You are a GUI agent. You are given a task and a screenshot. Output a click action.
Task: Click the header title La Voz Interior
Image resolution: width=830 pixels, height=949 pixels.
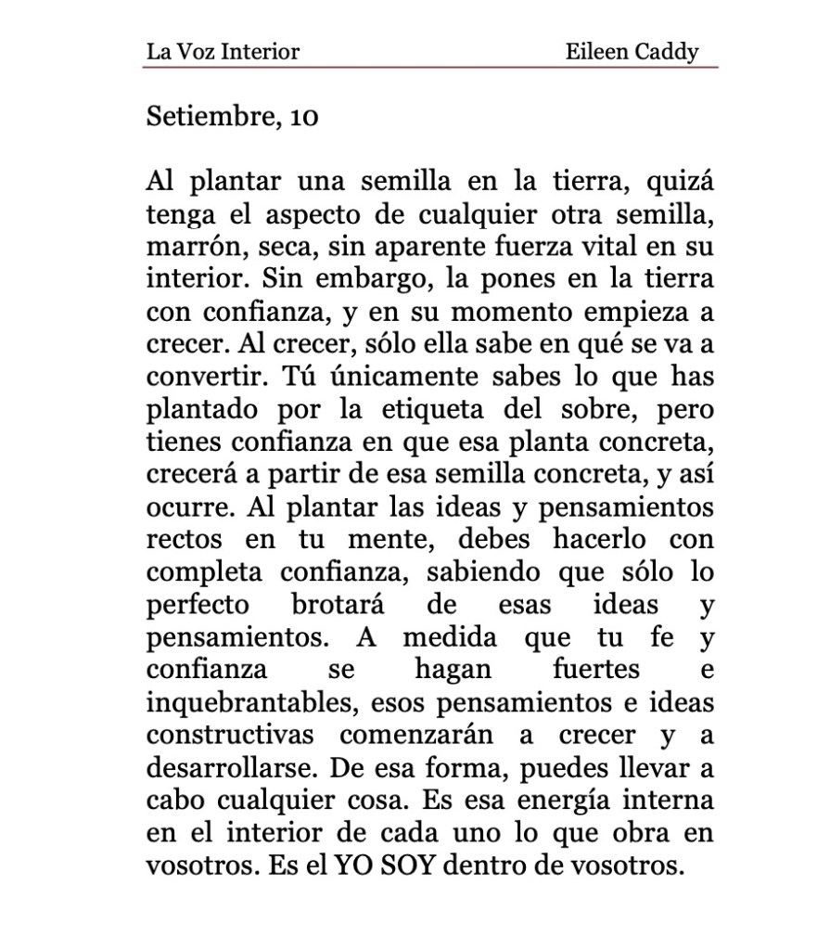223,51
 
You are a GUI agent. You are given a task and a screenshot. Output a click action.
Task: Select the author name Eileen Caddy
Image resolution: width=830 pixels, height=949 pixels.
632,51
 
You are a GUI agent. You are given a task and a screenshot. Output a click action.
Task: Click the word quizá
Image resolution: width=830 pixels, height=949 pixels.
683,181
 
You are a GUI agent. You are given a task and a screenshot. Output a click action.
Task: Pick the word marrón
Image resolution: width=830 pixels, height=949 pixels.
186,246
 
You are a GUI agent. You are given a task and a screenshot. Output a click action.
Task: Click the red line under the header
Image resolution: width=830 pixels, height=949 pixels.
431,67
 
